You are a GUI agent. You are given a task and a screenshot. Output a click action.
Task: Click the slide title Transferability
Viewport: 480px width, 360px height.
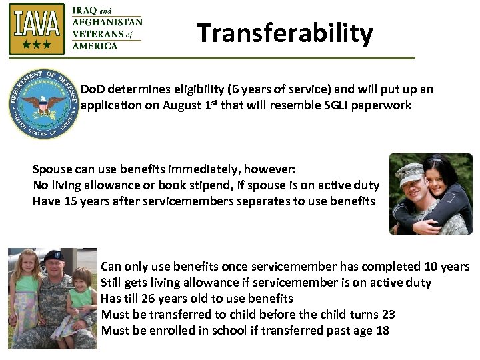point(285,33)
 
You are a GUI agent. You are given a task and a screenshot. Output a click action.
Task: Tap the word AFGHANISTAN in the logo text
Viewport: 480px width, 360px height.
point(107,21)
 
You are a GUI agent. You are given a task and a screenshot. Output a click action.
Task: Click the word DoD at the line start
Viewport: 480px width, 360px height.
point(93,89)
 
